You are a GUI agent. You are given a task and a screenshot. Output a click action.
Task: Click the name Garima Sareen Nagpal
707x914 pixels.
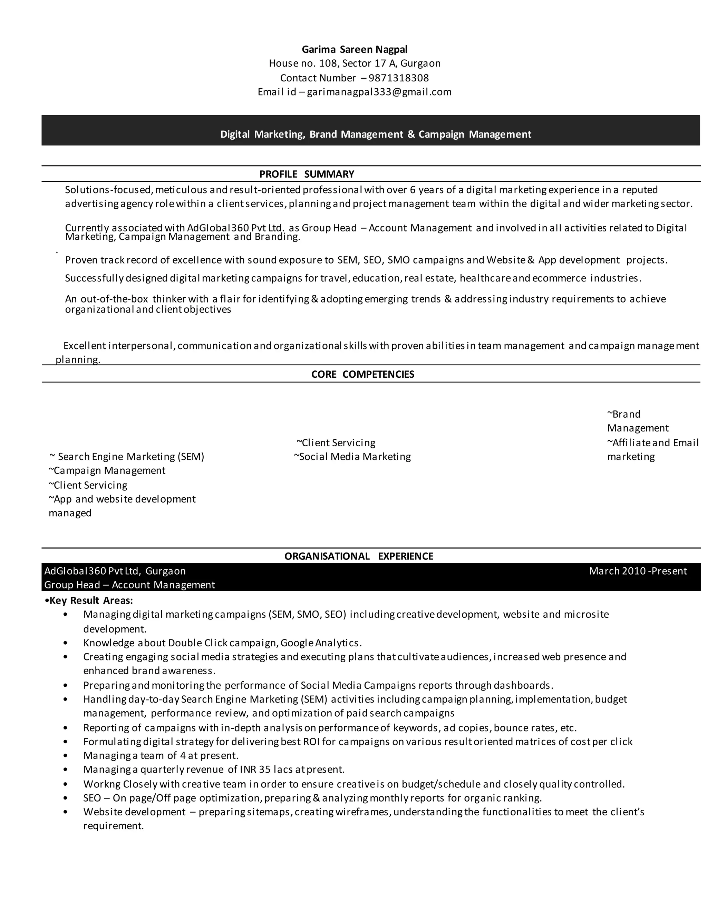[x=354, y=49]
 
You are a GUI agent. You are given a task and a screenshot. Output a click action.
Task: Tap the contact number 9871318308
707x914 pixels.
[x=398, y=78]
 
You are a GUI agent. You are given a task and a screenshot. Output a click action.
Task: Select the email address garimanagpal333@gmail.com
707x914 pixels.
[x=379, y=92]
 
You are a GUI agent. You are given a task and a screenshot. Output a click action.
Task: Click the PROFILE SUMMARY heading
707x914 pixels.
[x=307, y=174]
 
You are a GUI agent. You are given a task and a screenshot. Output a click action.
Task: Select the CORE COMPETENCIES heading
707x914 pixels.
[x=363, y=374]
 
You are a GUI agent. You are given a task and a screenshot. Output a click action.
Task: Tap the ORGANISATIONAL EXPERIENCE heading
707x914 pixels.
[x=359, y=556]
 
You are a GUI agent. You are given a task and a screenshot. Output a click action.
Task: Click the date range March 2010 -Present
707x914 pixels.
[x=638, y=571]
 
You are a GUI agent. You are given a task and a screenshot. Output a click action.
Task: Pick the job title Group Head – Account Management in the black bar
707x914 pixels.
[x=129, y=585]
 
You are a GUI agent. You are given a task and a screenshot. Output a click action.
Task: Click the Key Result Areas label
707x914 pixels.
[x=91, y=600]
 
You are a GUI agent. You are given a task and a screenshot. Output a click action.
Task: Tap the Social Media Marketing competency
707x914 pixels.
[x=355, y=457]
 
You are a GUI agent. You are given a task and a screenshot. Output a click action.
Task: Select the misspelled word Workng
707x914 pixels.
[x=102, y=784]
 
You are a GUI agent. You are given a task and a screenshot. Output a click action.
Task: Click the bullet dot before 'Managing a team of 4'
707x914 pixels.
[x=65, y=756]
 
